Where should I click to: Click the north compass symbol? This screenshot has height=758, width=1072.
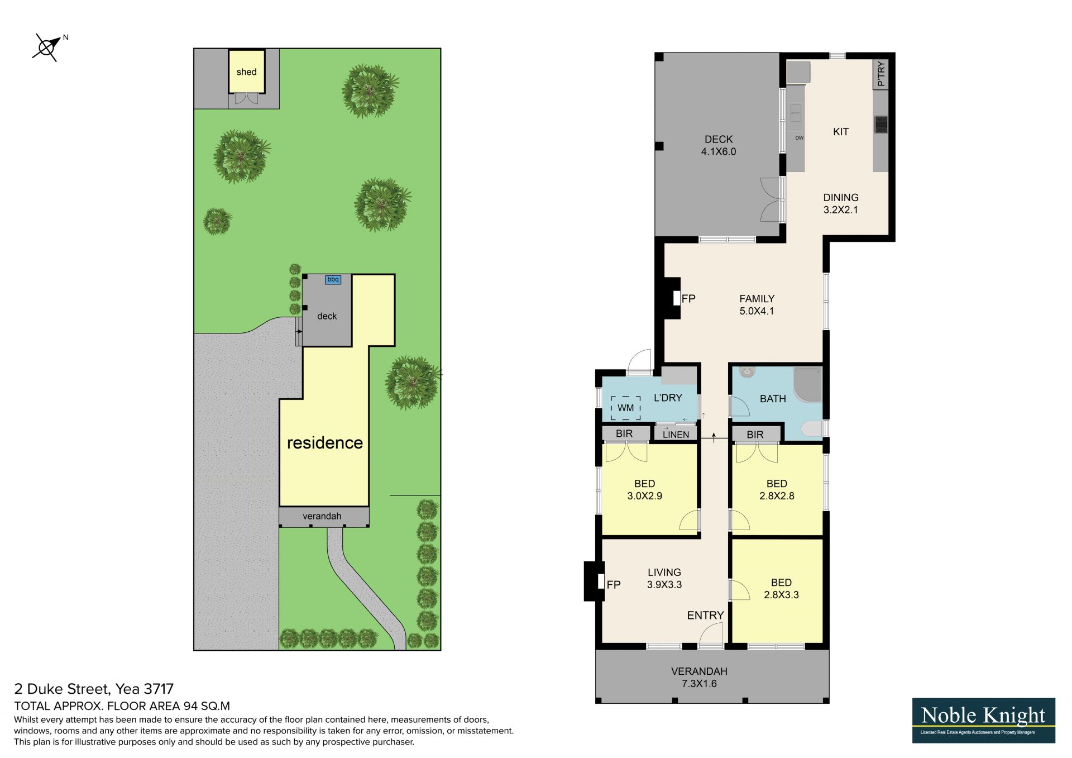point(47,47)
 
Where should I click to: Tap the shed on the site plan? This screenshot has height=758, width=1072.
point(246,71)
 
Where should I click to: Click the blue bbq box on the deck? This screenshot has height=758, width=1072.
point(333,279)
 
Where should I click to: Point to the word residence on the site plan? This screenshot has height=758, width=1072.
point(325,443)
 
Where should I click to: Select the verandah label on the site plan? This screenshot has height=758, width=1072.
point(322,516)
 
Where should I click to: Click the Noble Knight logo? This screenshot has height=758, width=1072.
point(984,720)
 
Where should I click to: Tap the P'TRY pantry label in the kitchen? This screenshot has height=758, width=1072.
point(881,74)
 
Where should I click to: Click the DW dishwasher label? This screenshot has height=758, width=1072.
point(800,138)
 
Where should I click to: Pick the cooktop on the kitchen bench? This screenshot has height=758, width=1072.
point(881,124)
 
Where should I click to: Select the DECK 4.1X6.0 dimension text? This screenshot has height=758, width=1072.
point(719,145)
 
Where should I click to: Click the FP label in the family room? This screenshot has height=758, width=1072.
point(688,299)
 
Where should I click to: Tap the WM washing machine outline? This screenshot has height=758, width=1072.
point(626,408)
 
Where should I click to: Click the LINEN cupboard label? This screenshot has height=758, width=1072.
point(676,435)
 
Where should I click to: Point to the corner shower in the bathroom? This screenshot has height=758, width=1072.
point(807,384)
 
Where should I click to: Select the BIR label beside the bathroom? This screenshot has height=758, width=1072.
point(755,435)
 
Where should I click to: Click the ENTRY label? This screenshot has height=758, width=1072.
point(705,616)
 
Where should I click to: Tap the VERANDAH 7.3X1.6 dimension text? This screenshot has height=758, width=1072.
point(699,678)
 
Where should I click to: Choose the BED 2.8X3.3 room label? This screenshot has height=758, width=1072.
point(781,589)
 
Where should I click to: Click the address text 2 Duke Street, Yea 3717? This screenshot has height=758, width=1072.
point(94,689)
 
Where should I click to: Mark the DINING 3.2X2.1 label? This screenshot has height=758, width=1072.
point(841,204)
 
